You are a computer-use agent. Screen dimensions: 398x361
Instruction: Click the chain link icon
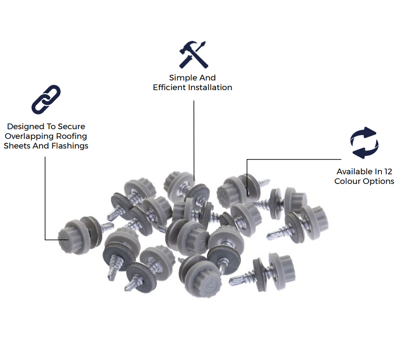(46, 100)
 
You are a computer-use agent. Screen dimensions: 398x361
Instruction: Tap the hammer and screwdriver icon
(193, 55)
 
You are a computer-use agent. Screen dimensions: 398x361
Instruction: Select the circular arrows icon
(364, 143)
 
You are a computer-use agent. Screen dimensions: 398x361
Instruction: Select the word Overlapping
(29, 137)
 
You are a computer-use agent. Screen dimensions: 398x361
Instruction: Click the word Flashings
(70, 146)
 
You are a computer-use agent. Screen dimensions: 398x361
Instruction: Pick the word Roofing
(72, 137)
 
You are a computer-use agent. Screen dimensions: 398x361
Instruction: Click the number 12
(388, 172)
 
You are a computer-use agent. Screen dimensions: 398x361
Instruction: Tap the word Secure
(72, 126)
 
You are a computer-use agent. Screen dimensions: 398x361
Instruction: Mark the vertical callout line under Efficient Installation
(194, 140)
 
